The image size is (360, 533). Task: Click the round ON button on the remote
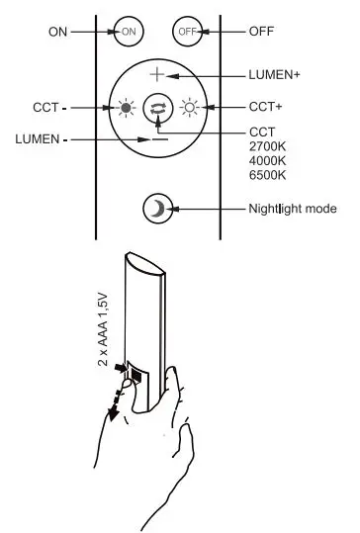point(129,31)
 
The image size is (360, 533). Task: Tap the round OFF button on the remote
point(187,31)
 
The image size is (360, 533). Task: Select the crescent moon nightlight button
point(157,209)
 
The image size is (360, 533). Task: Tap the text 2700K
point(267,147)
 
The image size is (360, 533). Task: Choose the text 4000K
point(267,161)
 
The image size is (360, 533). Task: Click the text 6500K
point(267,175)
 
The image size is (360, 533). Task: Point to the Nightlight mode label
point(293,210)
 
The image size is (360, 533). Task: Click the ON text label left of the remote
point(57,32)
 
